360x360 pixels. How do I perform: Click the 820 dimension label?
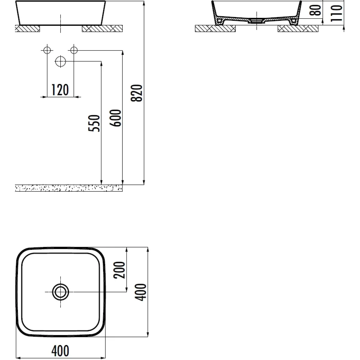(136, 93)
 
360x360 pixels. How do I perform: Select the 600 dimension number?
(115, 118)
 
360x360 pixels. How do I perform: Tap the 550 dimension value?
(94, 123)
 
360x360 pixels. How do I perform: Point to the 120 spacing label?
(60, 90)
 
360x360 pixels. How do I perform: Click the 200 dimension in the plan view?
(119, 270)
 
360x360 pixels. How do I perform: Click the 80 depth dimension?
(315, 10)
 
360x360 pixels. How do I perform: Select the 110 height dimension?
(337, 13)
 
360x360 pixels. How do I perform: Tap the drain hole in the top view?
(61, 292)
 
